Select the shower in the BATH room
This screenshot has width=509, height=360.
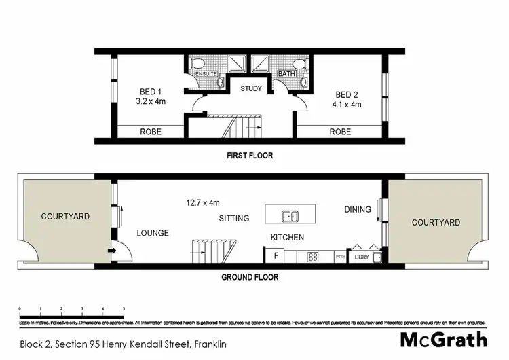[260, 64]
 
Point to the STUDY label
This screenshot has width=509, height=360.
[251, 88]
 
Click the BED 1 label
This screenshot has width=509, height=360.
[151, 92]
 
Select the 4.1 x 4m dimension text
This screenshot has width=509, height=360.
[347, 105]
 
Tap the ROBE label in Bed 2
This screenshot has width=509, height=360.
[340, 132]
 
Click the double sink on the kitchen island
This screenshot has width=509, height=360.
[290, 217]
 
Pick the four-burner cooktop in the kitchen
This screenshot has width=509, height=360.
[314, 257]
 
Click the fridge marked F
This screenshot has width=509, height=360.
[275, 257]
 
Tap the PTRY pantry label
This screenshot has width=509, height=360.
[340, 257]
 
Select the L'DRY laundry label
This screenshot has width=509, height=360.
[359, 257]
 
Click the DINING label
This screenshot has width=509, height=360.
[358, 209]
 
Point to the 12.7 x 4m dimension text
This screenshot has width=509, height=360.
[203, 202]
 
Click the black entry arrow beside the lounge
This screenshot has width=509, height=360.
[111, 251]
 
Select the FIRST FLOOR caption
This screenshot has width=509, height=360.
[250, 156]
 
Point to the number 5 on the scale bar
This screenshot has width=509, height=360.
[124, 308]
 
